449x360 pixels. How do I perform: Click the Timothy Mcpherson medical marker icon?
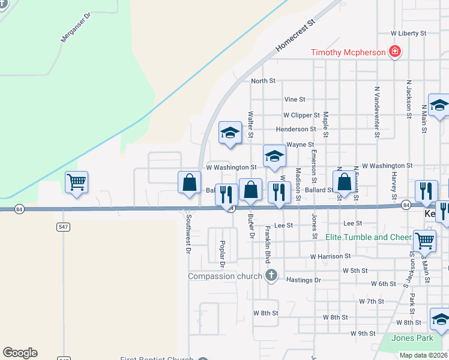[x=395, y=52]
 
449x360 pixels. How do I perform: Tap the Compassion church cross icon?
[x=271, y=276]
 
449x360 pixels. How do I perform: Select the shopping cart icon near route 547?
[x=76, y=182]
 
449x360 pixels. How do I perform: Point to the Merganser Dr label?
[x=75, y=28]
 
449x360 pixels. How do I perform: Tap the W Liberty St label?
[x=408, y=34]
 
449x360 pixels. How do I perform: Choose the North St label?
[x=263, y=80]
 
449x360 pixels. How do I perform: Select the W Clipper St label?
[x=301, y=115]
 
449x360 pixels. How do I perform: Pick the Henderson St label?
[x=295, y=129]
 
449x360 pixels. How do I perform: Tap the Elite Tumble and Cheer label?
[x=369, y=237]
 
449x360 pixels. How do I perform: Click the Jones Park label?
[x=412, y=338]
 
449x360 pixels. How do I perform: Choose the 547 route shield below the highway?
[x=64, y=227]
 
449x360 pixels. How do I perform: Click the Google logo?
[x=20, y=353]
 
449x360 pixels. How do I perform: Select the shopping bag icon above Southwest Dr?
[x=189, y=182]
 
